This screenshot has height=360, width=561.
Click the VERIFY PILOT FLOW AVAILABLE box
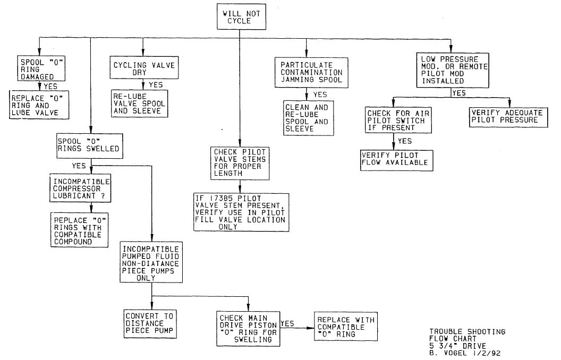coord(394,159)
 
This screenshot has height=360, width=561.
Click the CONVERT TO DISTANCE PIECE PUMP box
coord(149,323)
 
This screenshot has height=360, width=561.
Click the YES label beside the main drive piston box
coord(287,323)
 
